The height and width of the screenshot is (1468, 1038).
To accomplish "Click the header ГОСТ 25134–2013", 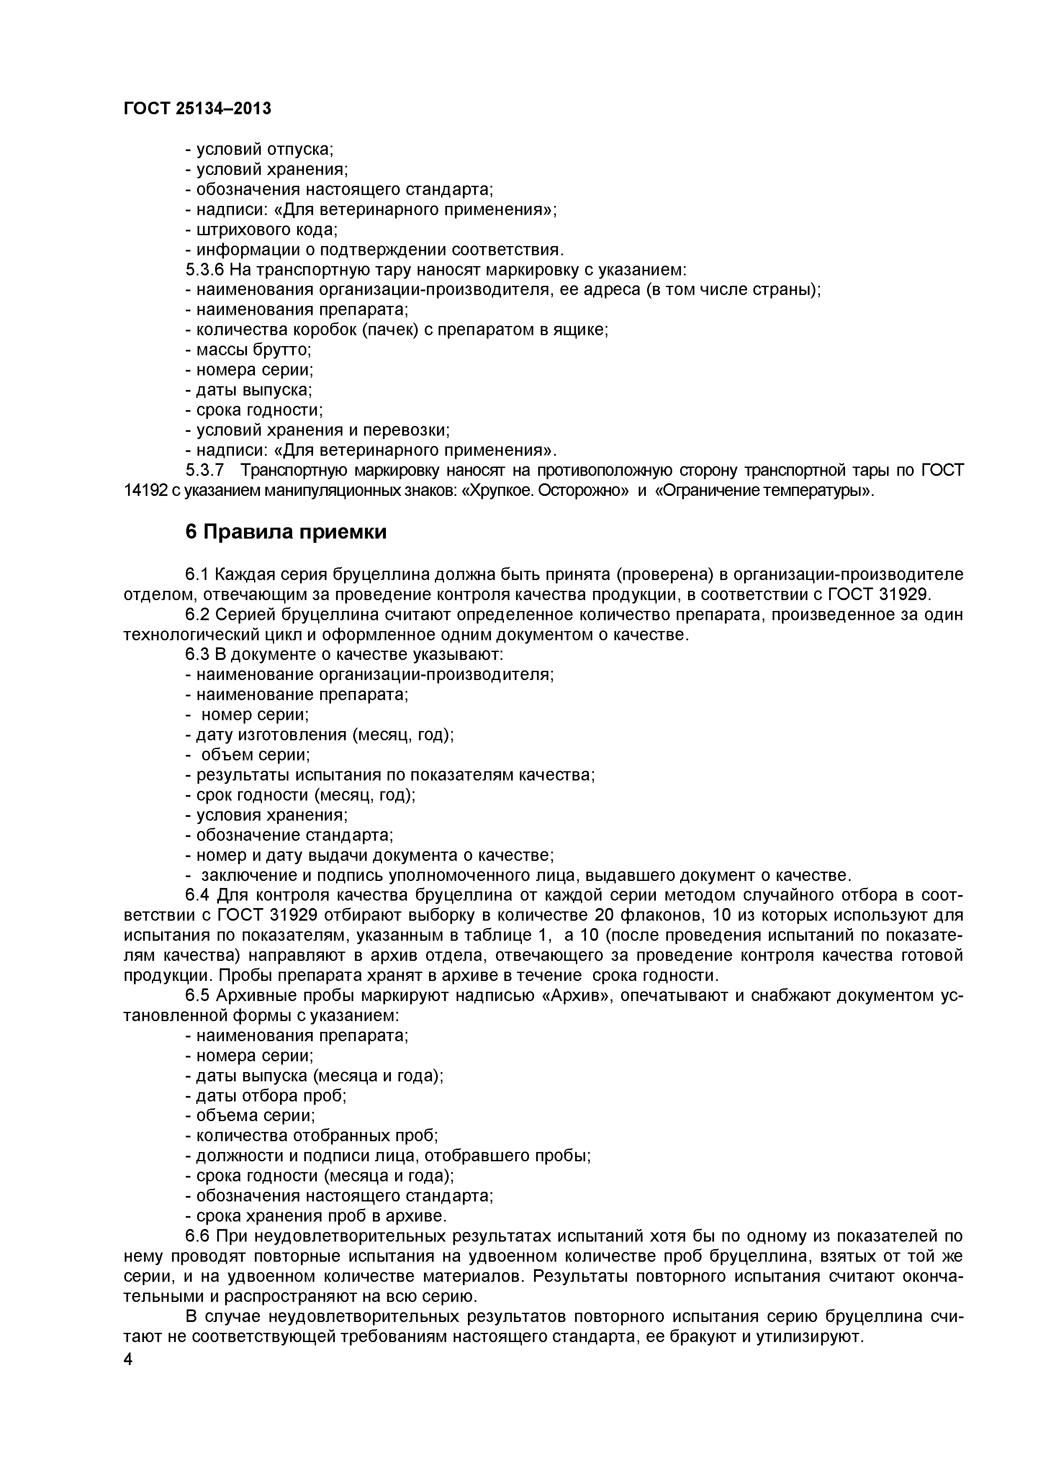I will [x=197, y=109].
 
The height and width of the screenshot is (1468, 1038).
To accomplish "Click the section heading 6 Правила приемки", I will [x=286, y=531].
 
